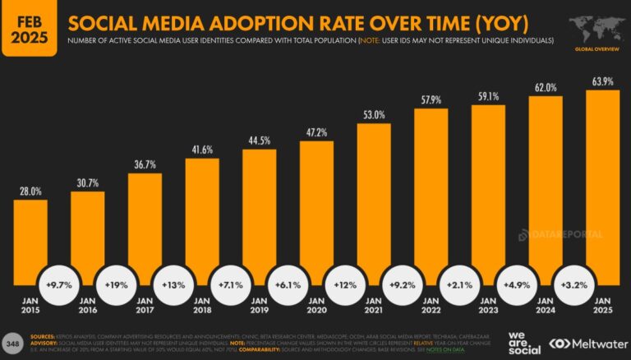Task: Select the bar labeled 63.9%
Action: (x=602, y=181)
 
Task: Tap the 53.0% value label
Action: (x=374, y=115)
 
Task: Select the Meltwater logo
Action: (x=584, y=343)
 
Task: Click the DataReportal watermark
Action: (x=560, y=235)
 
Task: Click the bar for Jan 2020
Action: (x=316, y=210)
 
